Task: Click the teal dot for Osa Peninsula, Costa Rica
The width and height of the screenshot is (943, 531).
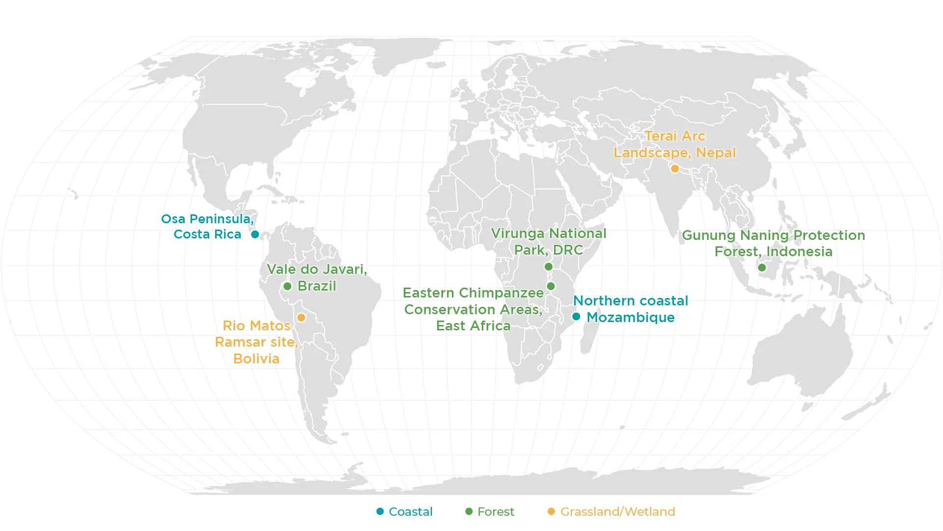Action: tap(255, 235)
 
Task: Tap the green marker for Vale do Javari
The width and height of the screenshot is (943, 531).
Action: tap(287, 286)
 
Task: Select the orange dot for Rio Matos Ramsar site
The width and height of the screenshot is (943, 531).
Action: tap(302, 318)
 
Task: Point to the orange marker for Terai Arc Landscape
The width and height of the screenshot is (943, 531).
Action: tap(675, 169)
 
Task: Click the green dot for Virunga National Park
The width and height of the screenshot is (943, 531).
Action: tap(549, 266)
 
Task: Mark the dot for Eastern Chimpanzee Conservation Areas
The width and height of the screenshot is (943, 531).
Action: tap(551, 286)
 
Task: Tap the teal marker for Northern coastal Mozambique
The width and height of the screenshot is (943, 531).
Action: tap(576, 317)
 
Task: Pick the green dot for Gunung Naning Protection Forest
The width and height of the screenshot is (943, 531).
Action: tap(762, 267)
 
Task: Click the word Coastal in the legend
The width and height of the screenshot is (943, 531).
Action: tap(411, 512)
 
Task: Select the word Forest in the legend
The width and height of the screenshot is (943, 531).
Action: tap(496, 512)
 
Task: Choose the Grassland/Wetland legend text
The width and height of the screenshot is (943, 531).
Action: tap(617, 512)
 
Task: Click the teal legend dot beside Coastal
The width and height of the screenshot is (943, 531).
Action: tap(380, 511)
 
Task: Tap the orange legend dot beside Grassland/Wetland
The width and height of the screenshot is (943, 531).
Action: tap(551, 511)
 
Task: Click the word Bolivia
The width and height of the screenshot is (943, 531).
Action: tap(256, 358)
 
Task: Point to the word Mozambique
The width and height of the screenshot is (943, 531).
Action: tap(631, 318)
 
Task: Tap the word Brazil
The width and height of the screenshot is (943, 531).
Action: tap(317, 286)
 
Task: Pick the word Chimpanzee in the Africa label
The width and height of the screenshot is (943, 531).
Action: tap(500, 293)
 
